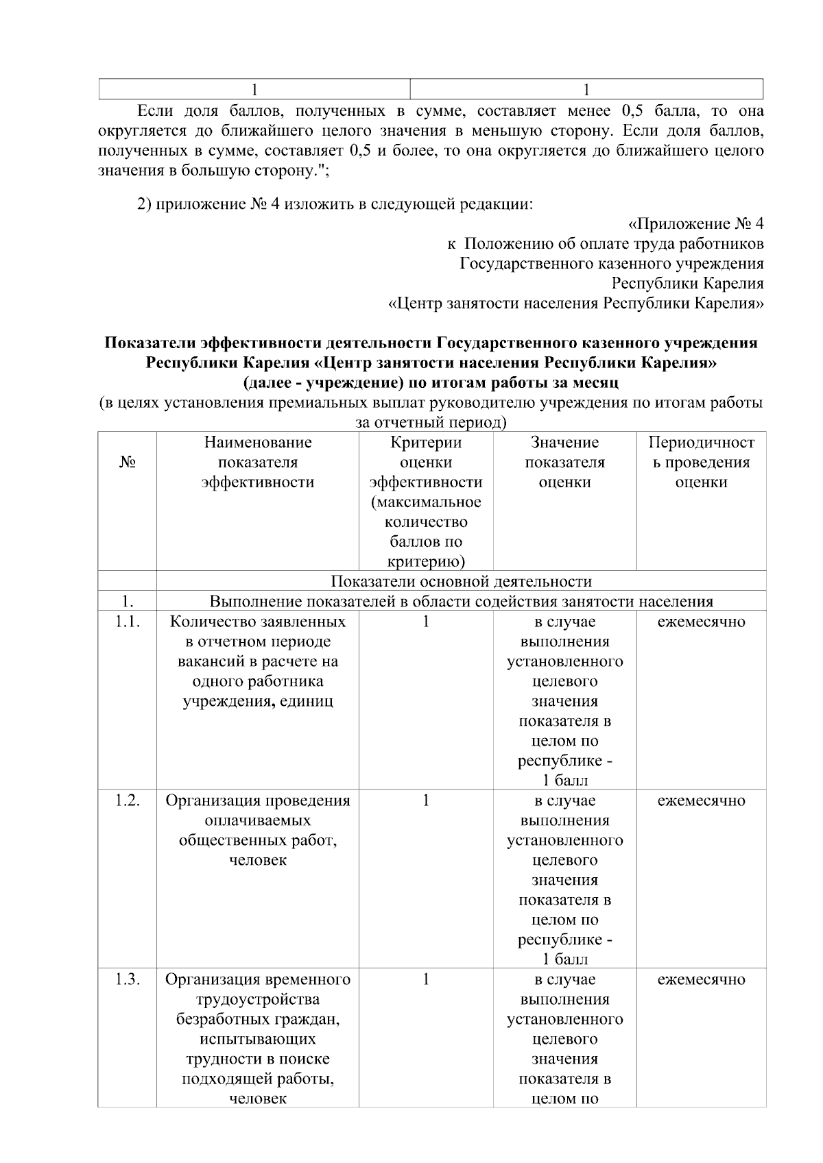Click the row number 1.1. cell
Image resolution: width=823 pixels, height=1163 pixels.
(x=127, y=622)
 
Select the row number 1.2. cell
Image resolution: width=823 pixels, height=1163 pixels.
(x=127, y=801)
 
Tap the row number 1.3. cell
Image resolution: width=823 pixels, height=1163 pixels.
(x=127, y=980)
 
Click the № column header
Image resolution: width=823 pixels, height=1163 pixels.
(x=127, y=463)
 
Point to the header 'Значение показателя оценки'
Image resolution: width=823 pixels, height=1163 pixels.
(x=564, y=463)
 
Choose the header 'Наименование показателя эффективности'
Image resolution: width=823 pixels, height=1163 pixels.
(x=257, y=463)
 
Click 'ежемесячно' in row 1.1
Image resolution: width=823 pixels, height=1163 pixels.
(x=701, y=622)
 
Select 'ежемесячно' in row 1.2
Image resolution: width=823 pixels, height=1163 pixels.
(x=701, y=801)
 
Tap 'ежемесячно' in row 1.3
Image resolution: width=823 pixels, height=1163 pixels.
(x=701, y=980)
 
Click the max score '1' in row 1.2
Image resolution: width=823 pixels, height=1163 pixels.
(x=425, y=801)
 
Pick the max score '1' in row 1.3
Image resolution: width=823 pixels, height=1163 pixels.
(x=425, y=980)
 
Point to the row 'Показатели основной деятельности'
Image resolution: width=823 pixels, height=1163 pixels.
(x=461, y=582)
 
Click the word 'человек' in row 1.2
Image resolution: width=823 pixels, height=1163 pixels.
(x=257, y=861)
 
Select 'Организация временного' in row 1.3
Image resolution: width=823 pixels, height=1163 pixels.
(x=257, y=980)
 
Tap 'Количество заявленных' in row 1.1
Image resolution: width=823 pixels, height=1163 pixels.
(x=257, y=622)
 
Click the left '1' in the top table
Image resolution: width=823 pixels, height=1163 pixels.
(x=254, y=90)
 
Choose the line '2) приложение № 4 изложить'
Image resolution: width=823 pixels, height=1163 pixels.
(x=335, y=204)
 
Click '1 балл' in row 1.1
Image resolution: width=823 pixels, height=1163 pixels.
(x=564, y=781)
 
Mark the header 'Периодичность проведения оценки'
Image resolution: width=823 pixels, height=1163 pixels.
(x=701, y=463)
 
